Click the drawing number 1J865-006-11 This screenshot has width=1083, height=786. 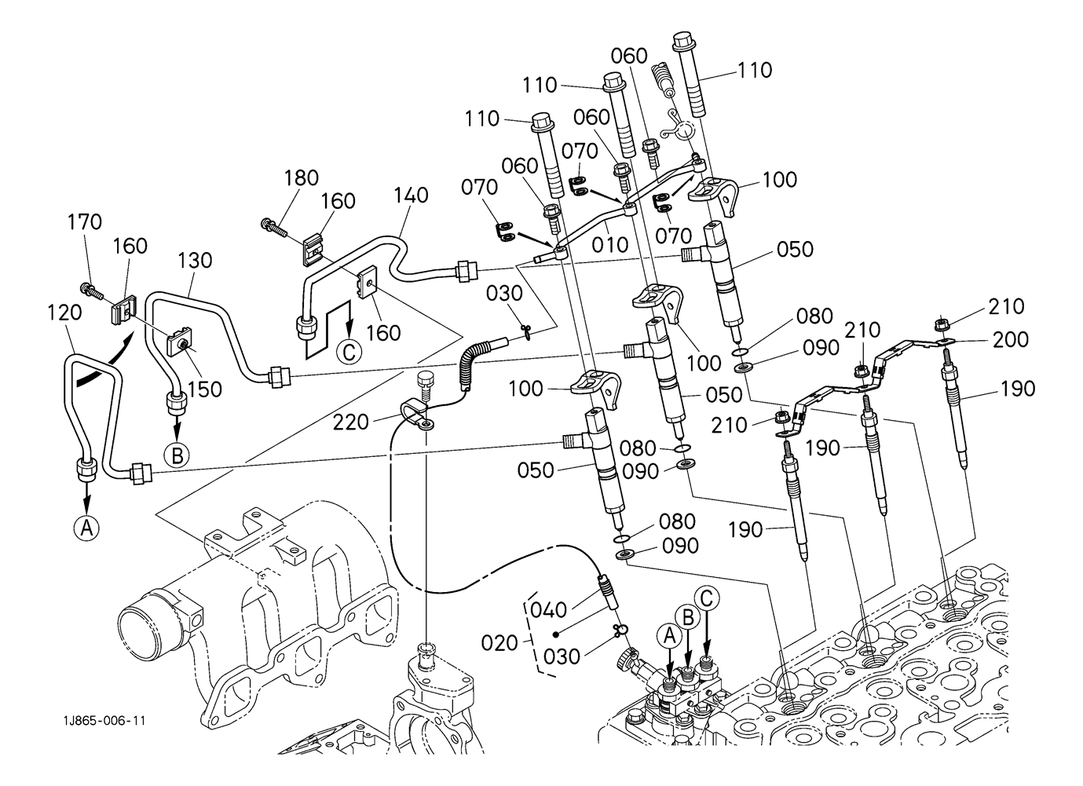point(105,721)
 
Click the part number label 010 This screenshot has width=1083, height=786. point(610,244)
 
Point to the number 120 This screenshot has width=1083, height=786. point(64,313)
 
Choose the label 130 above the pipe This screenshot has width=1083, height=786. point(195,260)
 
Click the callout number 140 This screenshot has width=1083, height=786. point(412,195)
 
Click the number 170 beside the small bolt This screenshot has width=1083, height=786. point(85,222)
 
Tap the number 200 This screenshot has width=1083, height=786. point(1009,340)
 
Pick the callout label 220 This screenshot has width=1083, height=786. point(350,422)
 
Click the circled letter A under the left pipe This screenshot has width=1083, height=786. point(86,529)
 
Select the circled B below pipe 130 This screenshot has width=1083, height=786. point(177,455)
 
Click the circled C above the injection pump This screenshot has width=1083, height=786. point(707,599)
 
